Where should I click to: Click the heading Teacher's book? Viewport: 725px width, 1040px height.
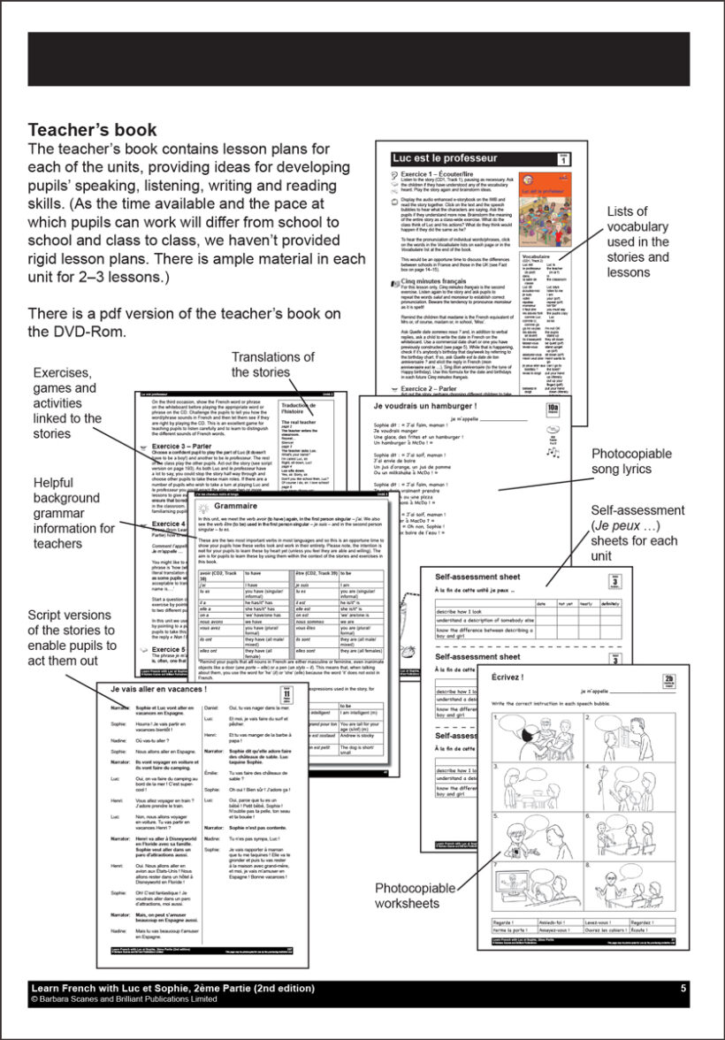coord(93,130)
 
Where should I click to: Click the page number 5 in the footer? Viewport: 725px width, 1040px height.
coord(683,987)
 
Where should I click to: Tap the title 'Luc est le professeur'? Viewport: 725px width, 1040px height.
coord(444,158)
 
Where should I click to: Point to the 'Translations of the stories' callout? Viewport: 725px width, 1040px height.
coord(272,364)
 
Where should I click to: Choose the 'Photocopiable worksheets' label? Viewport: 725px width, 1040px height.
coord(416,895)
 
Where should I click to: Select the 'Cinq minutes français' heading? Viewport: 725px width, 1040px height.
coord(436,281)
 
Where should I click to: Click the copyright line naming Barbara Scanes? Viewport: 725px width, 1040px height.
coord(123,998)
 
